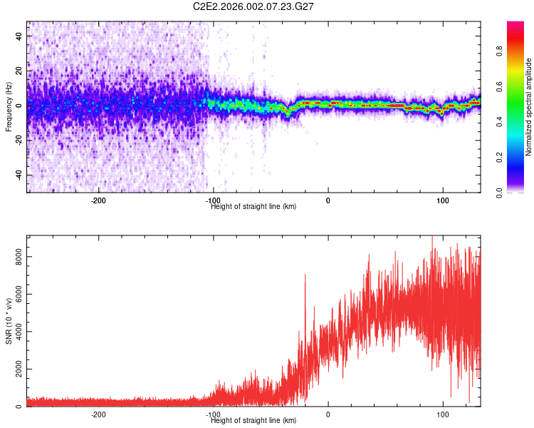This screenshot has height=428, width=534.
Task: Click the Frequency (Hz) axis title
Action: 9,107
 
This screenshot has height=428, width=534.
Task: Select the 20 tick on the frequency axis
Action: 19,71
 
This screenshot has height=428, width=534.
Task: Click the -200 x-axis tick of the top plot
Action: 99,200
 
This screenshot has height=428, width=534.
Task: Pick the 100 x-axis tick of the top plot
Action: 443,200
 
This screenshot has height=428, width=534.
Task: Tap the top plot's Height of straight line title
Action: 253,206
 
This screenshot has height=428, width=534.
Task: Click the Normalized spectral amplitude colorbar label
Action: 529,107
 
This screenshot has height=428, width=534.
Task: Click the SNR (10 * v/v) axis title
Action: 9,321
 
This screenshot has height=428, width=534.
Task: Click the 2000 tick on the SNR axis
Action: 19,370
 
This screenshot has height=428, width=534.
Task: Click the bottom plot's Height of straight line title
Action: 253,420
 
